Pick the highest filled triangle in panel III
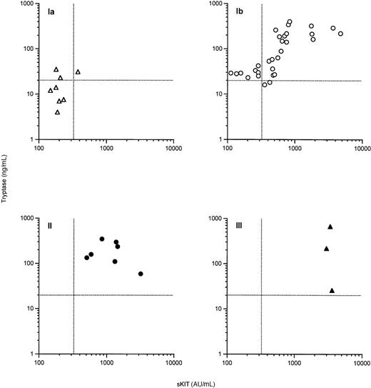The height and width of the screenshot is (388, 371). (x=330, y=227)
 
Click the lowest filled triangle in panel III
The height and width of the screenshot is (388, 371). (x=332, y=290)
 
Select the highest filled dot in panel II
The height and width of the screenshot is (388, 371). (x=102, y=239)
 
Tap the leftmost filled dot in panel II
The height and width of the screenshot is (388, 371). (x=87, y=257)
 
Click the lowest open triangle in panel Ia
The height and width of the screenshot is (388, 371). (x=58, y=112)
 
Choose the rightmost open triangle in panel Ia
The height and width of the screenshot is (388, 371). (x=78, y=71)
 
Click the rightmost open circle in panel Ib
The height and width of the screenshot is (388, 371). (x=340, y=34)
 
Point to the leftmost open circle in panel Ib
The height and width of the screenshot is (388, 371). (x=230, y=73)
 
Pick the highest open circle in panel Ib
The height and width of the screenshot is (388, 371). (x=289, y=21)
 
